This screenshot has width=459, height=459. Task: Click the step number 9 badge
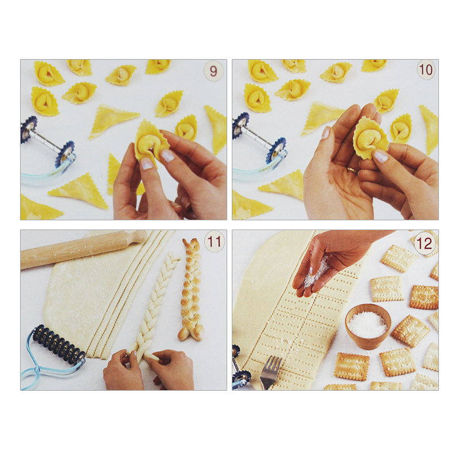pos(213,71)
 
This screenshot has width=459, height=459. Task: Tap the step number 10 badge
pos(426,69)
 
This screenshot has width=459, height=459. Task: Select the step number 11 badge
pos(214,242)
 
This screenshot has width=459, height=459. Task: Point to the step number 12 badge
pos(424,243)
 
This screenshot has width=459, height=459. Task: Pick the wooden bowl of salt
pos(368,326)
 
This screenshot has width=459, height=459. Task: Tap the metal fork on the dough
pos(270,372)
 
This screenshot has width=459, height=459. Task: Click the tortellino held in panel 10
pos(370,138)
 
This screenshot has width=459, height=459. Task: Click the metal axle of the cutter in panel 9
pos(48,139)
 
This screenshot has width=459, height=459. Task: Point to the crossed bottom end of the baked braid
pos(191,332)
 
